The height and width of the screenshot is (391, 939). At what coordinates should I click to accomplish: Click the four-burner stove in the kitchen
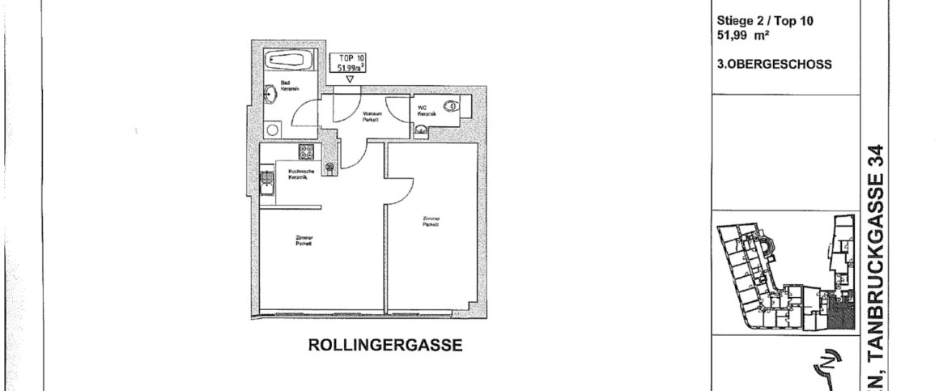point(307,151)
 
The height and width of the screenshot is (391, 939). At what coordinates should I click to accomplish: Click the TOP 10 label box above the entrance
point(350,62)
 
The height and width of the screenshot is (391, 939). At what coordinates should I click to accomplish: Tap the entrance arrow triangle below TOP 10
point(350,79)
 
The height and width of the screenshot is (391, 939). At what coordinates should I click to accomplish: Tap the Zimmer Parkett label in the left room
point(304,240)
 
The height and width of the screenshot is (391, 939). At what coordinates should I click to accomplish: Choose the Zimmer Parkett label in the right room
point(430,221)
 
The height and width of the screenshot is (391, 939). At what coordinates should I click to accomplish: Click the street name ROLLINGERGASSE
point(385,346)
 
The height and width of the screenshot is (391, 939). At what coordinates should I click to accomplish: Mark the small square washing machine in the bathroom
point(273,129)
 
